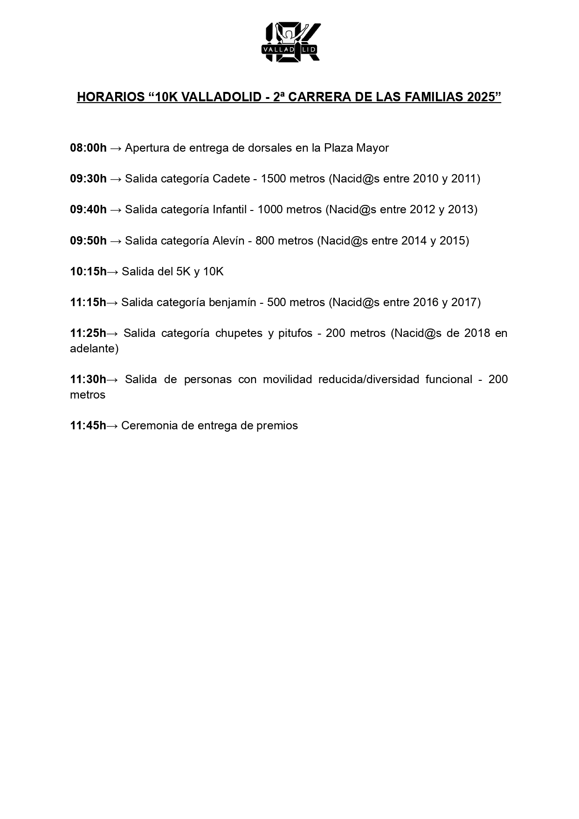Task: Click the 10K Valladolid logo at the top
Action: [x=291, y=42]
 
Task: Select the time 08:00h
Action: [x=88, y=148]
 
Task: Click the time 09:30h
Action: [x=88, y=179]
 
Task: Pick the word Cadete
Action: [x=231, y=179]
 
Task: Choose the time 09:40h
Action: [x=88, y=210]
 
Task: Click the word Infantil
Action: [x=229, y=210]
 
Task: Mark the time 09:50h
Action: [x=88, y=241]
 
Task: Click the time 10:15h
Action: [x=88, y=272]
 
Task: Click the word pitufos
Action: [x=295, y=333]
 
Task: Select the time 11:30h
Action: [x=88, y=379]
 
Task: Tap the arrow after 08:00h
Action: [x=116, y=148]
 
